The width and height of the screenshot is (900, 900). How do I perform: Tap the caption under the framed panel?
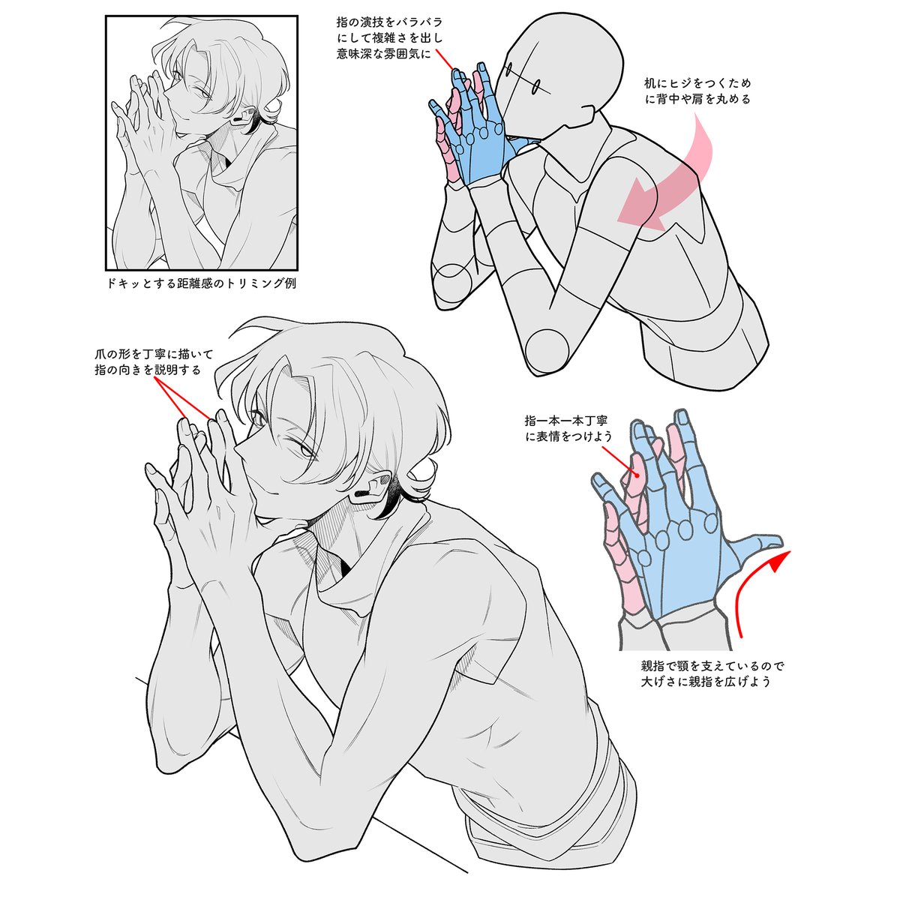pyautogui.click(x=201, y=283)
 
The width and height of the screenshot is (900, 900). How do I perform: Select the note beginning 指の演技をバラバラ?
pyautogui.click(x=389, y=37)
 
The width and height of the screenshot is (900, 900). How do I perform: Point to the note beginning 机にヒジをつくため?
pyautogui.click(x=697, y=91)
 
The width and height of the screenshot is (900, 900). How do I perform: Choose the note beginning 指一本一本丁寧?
pyautogui.click(x=568, y=428)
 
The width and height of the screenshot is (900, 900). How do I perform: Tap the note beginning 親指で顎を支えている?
pyautogui.click(x=712, y=673)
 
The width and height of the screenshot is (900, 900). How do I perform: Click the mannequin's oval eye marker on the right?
pyautogui.click(x=536, y=85)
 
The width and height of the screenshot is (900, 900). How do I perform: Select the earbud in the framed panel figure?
pyautogui.click(x=238, y=118)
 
